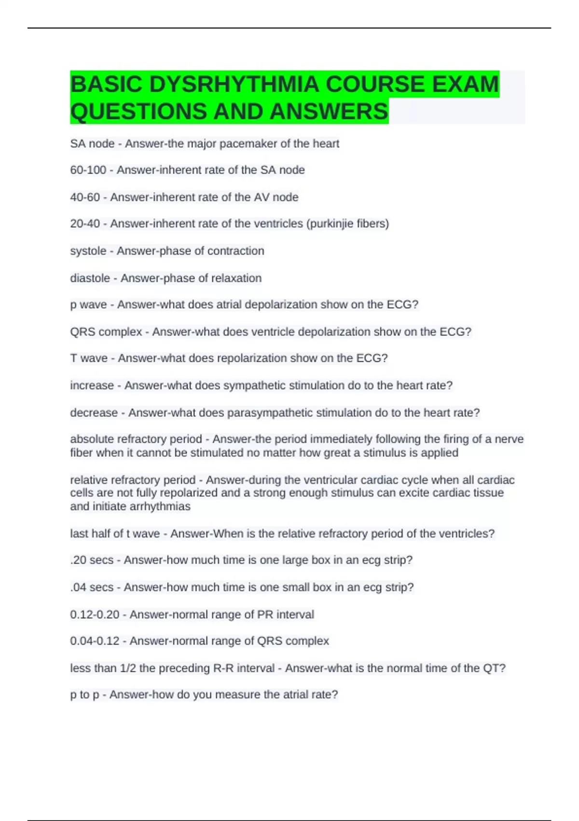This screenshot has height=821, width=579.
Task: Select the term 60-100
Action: pos(88,170)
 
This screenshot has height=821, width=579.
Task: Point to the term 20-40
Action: pos(85,224)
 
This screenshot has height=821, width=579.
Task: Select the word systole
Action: pos(88,251)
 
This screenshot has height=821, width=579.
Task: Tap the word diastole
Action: pos(90,278)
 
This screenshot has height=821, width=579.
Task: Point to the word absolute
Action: pos(90,439)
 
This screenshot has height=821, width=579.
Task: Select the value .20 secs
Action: pos(92,560)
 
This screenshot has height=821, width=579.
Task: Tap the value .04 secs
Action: pos(92,587)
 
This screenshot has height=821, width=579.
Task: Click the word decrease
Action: pos(94,412)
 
